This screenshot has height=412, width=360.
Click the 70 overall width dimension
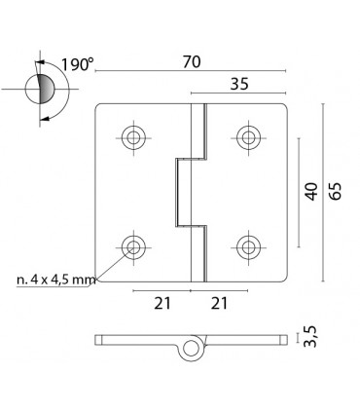click(x=191, y=62)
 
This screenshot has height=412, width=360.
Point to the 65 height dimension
click(x=336, y=189)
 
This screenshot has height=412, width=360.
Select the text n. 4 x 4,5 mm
click(x=56, y=280)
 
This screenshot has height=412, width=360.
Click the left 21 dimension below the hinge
click(x=162, y=304)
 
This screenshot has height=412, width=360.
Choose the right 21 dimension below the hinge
click(x=219, y=304)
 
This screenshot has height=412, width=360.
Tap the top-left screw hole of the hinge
click(x=133, y=135)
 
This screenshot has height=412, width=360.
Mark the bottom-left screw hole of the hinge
click(x=133, y=245)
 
